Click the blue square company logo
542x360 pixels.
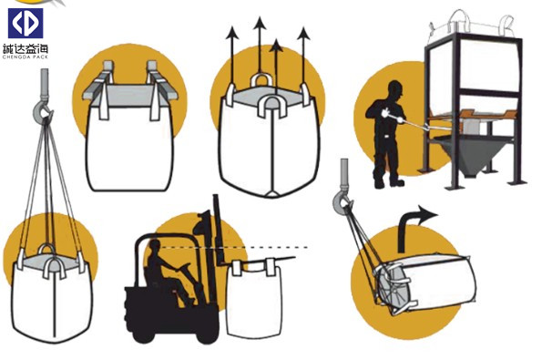click(26, 23)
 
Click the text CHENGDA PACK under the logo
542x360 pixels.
click(26, 57)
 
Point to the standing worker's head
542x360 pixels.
click(395, 89)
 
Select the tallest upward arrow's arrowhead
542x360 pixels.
click(260, 23)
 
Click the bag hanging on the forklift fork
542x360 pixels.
click(255, 298)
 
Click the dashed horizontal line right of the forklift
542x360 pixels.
click(234, 247)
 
